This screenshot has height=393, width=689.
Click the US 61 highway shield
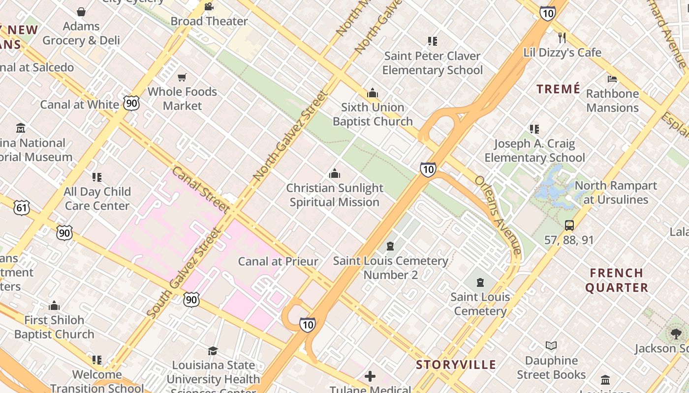click(21, 208)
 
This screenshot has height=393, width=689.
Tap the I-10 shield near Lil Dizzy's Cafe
click(547, 13)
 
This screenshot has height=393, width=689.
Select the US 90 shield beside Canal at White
click(131, 103)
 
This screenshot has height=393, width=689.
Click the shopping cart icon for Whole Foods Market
click(182, 77)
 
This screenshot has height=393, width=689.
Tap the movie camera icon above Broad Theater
click(209, 7)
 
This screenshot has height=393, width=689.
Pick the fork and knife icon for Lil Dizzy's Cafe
click(562, 38)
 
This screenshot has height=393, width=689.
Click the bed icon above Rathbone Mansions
click(612, 79)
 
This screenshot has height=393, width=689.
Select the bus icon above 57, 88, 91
click(569, 225)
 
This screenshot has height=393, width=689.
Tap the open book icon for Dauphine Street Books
click(551, 346)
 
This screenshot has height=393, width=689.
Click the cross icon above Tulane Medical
click(370, 376)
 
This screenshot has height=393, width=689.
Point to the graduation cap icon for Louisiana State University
click(213, 351)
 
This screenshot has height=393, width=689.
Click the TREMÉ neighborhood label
click(558, 89)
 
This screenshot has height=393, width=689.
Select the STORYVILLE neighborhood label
click(456, 365)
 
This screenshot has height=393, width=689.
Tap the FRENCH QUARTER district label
click(617, 280)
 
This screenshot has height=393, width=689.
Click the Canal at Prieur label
click(278, 261)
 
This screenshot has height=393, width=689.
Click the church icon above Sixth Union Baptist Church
click(373, 93)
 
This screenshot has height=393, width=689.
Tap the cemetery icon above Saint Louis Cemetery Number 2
click(390, 246)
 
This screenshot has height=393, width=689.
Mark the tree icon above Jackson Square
click(676, 334)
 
